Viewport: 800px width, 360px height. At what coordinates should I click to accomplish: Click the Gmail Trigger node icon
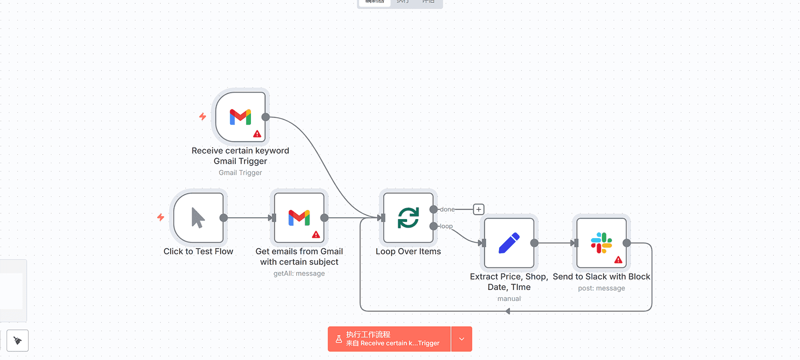[240, 117]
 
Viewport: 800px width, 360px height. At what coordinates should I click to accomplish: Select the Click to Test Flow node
[199, 218]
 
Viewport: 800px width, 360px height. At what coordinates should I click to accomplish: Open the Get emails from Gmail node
[299, 218]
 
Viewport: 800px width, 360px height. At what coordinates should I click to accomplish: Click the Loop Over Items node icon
[408, 218]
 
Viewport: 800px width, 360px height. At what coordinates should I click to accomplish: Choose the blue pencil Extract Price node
[509, 243]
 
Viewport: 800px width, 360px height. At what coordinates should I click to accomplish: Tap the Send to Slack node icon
[601, 243]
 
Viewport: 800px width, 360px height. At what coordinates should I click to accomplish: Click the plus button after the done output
[479, 209]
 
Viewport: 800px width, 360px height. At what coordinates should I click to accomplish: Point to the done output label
[447, 210]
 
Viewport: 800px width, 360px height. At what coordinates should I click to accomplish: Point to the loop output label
[446, 226]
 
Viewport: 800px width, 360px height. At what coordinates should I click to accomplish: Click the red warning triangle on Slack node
[618, 260]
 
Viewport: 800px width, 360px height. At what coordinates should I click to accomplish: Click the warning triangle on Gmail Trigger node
[257, 134]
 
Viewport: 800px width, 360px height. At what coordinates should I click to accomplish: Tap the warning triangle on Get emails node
[316, 235]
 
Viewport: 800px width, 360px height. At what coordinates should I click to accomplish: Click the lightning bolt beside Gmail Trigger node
[203, 117]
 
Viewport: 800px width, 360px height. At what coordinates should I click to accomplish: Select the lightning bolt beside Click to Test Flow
[161, 218]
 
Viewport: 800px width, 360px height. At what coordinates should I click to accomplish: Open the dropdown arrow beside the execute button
[461, 339]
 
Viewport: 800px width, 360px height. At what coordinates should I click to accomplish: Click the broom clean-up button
[18, 340]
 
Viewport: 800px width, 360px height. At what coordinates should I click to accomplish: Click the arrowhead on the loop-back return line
[508, 311]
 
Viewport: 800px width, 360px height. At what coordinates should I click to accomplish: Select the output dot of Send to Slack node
[627, 243]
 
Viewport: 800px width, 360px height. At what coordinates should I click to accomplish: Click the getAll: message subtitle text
[299, 273]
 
